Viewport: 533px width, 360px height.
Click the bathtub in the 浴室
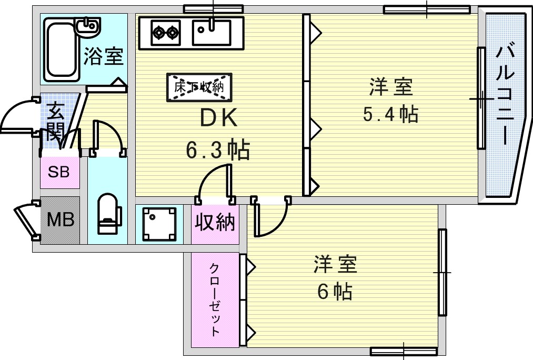(x=62, y=51)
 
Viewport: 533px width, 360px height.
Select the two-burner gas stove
(x=165, y=33)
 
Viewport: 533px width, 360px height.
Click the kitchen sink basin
(x=212, y=33)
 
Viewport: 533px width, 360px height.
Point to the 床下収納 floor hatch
(x=199, y=87)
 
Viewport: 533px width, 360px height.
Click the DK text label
(x=219, y=119)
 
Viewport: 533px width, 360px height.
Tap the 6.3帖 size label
(x=218, y=151)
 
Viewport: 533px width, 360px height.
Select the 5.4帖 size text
(x=391, y=114)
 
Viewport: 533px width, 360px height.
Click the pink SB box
(x=59, y=172)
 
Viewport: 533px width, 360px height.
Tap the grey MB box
(x=60, y=220)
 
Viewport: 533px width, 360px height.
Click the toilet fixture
(x=109, y=214)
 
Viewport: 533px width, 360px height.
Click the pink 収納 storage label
(x=215, y=223)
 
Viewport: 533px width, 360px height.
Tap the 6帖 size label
(x=335, y=291)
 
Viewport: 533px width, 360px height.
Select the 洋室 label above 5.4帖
(x=390, y=87)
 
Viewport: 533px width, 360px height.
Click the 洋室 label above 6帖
(x=335, y=265)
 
